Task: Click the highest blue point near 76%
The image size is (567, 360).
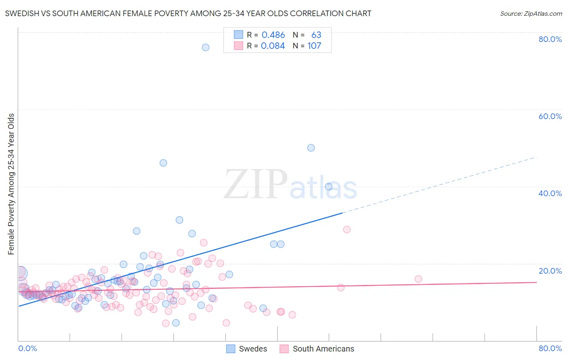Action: tap(206, 47)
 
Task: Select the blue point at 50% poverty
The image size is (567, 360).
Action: tap(311, 148)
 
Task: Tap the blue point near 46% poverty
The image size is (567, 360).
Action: tap(163, 163)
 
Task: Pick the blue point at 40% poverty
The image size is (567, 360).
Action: tap(329, 186)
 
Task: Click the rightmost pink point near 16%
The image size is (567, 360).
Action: tap(418, 279)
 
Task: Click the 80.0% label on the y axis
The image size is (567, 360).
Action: tap(550, 39)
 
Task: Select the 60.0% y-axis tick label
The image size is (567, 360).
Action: tap(550, 116)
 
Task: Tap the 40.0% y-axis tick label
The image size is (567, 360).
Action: tap(550, 193)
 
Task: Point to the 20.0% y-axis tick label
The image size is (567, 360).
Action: tap(550, 271)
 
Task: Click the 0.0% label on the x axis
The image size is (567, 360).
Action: tap(28, 348)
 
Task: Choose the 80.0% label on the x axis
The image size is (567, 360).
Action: tap(550, 348)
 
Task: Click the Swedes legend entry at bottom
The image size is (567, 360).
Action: tap(253, 349)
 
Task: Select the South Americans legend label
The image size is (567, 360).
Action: tap(323, 349)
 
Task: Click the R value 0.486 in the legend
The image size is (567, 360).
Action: tap(273, 35)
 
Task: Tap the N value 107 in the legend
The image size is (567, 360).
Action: tap(314, 46)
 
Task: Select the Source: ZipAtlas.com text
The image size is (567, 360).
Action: tap(531, 13)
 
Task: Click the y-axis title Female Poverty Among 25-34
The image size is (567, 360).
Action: tap(11, 184)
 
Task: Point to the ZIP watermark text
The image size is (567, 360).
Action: tap(255, 184)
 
